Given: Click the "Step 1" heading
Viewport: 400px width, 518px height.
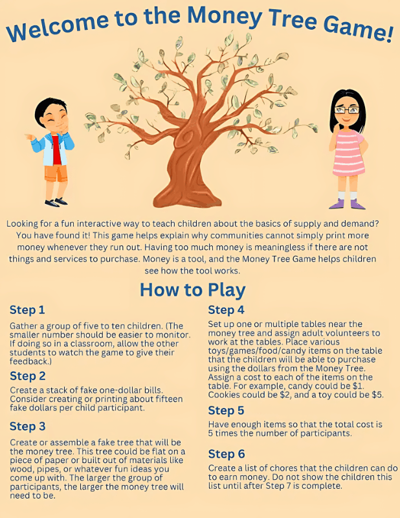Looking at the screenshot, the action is [27, 310].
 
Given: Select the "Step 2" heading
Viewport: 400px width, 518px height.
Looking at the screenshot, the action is [27, 376].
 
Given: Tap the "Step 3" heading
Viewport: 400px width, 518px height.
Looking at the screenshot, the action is [27, 426].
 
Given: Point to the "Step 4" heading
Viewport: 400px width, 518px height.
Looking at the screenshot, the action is [226, 310].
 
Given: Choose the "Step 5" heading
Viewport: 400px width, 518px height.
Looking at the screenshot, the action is [226, 411].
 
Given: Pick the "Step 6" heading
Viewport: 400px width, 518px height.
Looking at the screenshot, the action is [227, 454].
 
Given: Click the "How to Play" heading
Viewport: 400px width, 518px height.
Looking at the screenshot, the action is [193, 289].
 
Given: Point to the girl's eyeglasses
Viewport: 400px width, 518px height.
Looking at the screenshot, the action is [346, 110].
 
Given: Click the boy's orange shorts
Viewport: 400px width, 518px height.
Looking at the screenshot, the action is [56, 174].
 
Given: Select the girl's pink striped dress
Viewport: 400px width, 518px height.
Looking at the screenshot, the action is [349, 153].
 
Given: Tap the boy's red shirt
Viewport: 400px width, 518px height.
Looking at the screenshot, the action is [56, 150].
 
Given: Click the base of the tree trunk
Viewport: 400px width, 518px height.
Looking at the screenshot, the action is [187, 199].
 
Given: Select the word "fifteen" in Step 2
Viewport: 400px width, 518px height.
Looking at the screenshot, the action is [167, 399].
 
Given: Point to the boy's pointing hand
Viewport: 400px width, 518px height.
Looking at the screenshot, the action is [29, 136].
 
